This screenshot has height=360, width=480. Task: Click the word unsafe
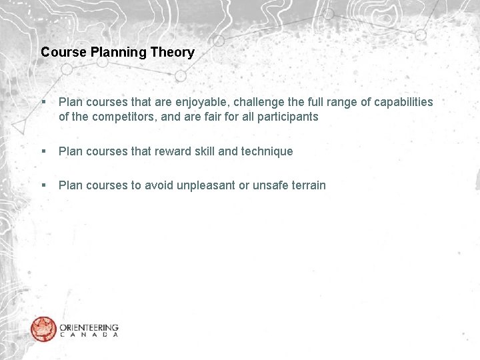point(267,185)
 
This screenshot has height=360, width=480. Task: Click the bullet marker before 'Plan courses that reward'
point(43,151)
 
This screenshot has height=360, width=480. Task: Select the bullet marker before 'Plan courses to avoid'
point(43,185)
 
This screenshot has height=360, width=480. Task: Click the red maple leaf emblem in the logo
point(43,329)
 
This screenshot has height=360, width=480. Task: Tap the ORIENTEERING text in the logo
point(89,327)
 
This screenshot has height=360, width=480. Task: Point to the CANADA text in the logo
point(89,335)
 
